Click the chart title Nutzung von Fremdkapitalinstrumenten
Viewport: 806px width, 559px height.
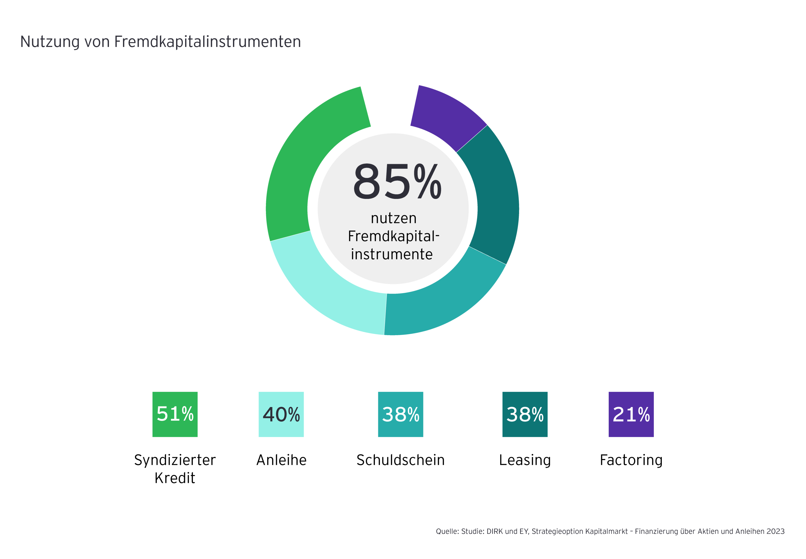click(160, 42)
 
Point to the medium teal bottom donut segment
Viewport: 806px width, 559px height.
click(442, 301)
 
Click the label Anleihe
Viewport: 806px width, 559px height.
click(281, 460)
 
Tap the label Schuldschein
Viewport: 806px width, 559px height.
click(400, 460)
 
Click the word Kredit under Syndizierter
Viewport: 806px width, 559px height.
click(175, 478)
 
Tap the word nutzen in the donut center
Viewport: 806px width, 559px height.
click(393, 218)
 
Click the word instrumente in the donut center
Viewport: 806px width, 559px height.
click(392, 254)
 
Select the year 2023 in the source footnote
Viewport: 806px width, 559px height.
click(775, 531)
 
